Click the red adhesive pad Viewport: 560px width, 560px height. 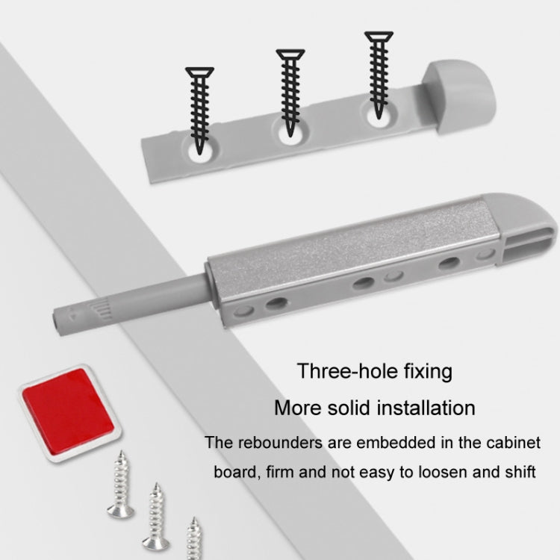click(68, 412)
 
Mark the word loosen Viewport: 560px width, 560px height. click(442, 472)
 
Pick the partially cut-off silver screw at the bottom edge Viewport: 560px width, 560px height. click(194, 538)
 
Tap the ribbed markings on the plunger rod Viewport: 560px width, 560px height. click(103, 308)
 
